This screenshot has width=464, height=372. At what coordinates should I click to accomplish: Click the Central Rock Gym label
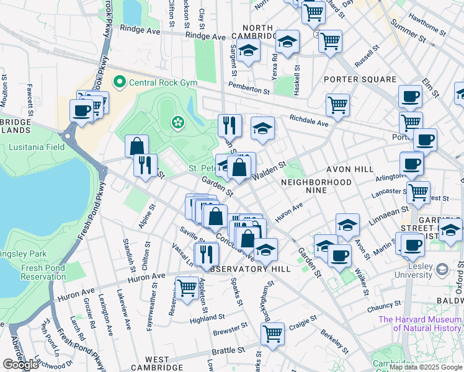(x=155, y=82)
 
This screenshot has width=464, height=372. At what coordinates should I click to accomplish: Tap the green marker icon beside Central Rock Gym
(x=118, y=82)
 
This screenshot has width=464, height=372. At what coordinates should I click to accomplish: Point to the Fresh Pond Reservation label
(x=43, y=272)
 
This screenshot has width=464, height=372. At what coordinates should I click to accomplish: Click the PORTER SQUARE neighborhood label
(x=360, y=79)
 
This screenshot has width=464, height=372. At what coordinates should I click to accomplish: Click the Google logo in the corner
(x=20, y=365)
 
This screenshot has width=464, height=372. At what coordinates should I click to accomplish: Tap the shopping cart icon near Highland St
(x=187, y=287)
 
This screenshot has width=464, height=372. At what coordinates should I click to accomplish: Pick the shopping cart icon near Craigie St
(x=272, y=334)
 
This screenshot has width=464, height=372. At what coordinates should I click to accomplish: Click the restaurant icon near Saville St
(x=206, y=253)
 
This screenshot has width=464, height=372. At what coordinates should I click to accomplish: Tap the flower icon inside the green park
(x=179, y=122)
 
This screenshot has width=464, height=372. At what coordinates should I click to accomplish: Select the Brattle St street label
(x=228, y=351)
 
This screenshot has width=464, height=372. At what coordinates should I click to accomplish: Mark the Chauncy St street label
(x=384, y=306)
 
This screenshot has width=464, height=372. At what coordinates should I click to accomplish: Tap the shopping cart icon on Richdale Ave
(x=337, y=105)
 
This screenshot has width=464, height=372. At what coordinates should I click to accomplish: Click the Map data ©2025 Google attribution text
(x=426, y=367)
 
